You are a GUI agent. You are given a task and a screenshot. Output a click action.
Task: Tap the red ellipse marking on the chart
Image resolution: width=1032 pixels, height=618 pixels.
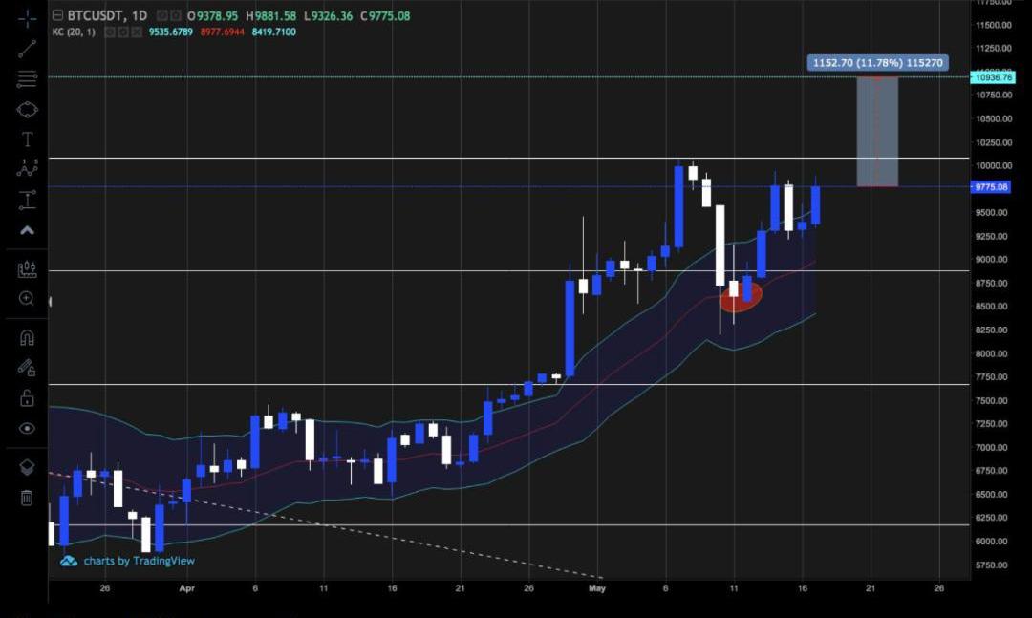[741, 297]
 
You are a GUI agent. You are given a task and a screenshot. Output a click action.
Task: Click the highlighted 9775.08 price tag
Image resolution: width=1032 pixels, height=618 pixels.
[991, 187]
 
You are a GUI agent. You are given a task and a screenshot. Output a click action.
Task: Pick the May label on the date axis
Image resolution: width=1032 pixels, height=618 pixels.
[597, 589]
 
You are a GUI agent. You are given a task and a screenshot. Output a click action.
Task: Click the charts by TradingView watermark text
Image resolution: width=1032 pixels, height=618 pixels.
[139, 561]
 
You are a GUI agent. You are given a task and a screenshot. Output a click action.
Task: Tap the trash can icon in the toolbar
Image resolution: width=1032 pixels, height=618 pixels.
[27, 498]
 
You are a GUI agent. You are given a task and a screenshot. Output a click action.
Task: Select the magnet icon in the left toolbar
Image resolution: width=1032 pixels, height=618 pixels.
[27, 337]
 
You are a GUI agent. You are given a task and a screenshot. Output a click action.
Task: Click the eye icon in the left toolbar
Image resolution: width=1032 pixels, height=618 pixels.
[27, 429]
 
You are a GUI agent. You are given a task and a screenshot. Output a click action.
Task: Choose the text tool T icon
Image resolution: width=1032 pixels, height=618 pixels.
[27, 139]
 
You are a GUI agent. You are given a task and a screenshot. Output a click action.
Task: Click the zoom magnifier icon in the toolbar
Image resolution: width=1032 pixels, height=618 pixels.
[27, 299]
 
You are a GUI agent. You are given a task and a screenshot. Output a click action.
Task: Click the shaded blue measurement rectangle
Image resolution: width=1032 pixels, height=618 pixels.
[877, 132]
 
